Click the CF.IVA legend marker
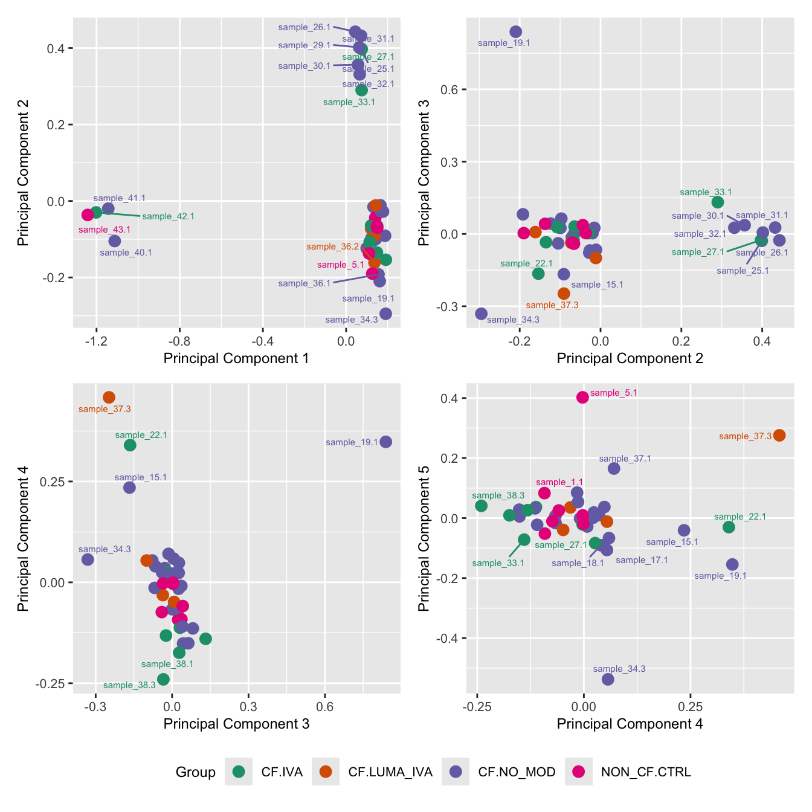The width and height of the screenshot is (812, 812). [239, 772]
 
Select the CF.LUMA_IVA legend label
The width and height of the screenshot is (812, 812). [390, 772]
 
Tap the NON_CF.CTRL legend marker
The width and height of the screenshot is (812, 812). [579, 772]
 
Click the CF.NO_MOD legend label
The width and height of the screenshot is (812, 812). [517, 772]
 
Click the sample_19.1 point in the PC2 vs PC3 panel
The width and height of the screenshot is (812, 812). [515, 32]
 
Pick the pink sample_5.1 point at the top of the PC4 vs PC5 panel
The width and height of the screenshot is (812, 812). [582, 397]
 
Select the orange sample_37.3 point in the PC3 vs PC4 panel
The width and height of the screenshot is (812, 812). [109, 397]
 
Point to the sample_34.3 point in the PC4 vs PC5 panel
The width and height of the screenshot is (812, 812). [608, 679]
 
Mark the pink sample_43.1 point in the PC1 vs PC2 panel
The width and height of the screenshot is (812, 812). [88, 214]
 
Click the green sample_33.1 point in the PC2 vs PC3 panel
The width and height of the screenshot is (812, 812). [718, 202]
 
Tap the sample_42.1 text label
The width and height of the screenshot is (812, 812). [168, 216]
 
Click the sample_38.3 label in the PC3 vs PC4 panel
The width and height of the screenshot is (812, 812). [129, 685]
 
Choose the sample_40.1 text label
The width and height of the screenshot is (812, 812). [126, 253]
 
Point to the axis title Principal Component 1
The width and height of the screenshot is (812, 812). [236, 358]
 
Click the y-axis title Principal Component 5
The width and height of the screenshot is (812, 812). [424, 538]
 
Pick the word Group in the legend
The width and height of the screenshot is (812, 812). [195, 772]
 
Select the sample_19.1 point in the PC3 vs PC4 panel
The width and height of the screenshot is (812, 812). [385, 442]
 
